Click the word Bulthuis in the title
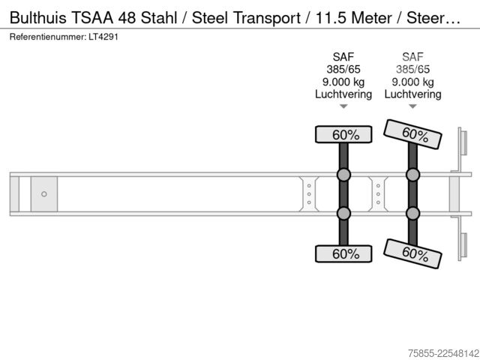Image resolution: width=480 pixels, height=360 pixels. tap(38, 17)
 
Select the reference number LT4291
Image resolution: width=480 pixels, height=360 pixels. tap(103, 37)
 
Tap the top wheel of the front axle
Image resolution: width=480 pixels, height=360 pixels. tap(343, 134)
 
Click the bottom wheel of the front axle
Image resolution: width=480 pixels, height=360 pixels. tap(343, 253)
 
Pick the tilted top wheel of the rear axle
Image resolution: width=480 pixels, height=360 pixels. tap(412, 134)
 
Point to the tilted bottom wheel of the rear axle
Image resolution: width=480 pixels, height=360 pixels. tap(412, 253)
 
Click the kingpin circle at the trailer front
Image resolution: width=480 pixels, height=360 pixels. tap(44, 194)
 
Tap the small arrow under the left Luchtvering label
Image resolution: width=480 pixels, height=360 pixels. tap(343, 106)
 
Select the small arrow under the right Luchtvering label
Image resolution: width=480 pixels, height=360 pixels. tap(412, 106)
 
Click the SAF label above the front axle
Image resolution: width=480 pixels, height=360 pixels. tap(343, 57)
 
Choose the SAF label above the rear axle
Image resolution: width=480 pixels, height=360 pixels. tap(412, 57)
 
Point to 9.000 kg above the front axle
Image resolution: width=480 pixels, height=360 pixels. tap(343, 82)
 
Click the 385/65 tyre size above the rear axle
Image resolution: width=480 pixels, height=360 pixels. tap(412, 69)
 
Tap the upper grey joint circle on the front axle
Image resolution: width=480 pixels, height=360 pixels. tap(343, 175)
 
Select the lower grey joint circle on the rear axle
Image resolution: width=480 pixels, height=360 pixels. tap(412, 213)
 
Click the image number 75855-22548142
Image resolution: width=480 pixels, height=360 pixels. tap(443, 353)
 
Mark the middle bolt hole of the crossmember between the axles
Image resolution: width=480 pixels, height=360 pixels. tap(378, 194)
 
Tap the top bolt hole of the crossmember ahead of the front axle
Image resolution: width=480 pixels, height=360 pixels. tap(309, 186)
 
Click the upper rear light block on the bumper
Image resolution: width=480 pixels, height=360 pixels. tap(463, 143)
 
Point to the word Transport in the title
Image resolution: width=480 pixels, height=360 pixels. tap(267, 18)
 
